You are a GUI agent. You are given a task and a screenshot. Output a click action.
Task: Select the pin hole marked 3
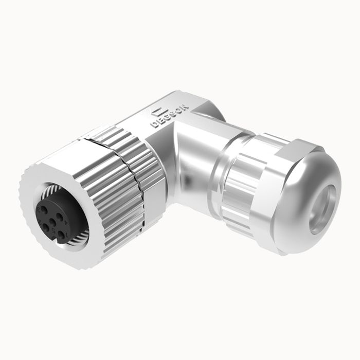tap(42, 211)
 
